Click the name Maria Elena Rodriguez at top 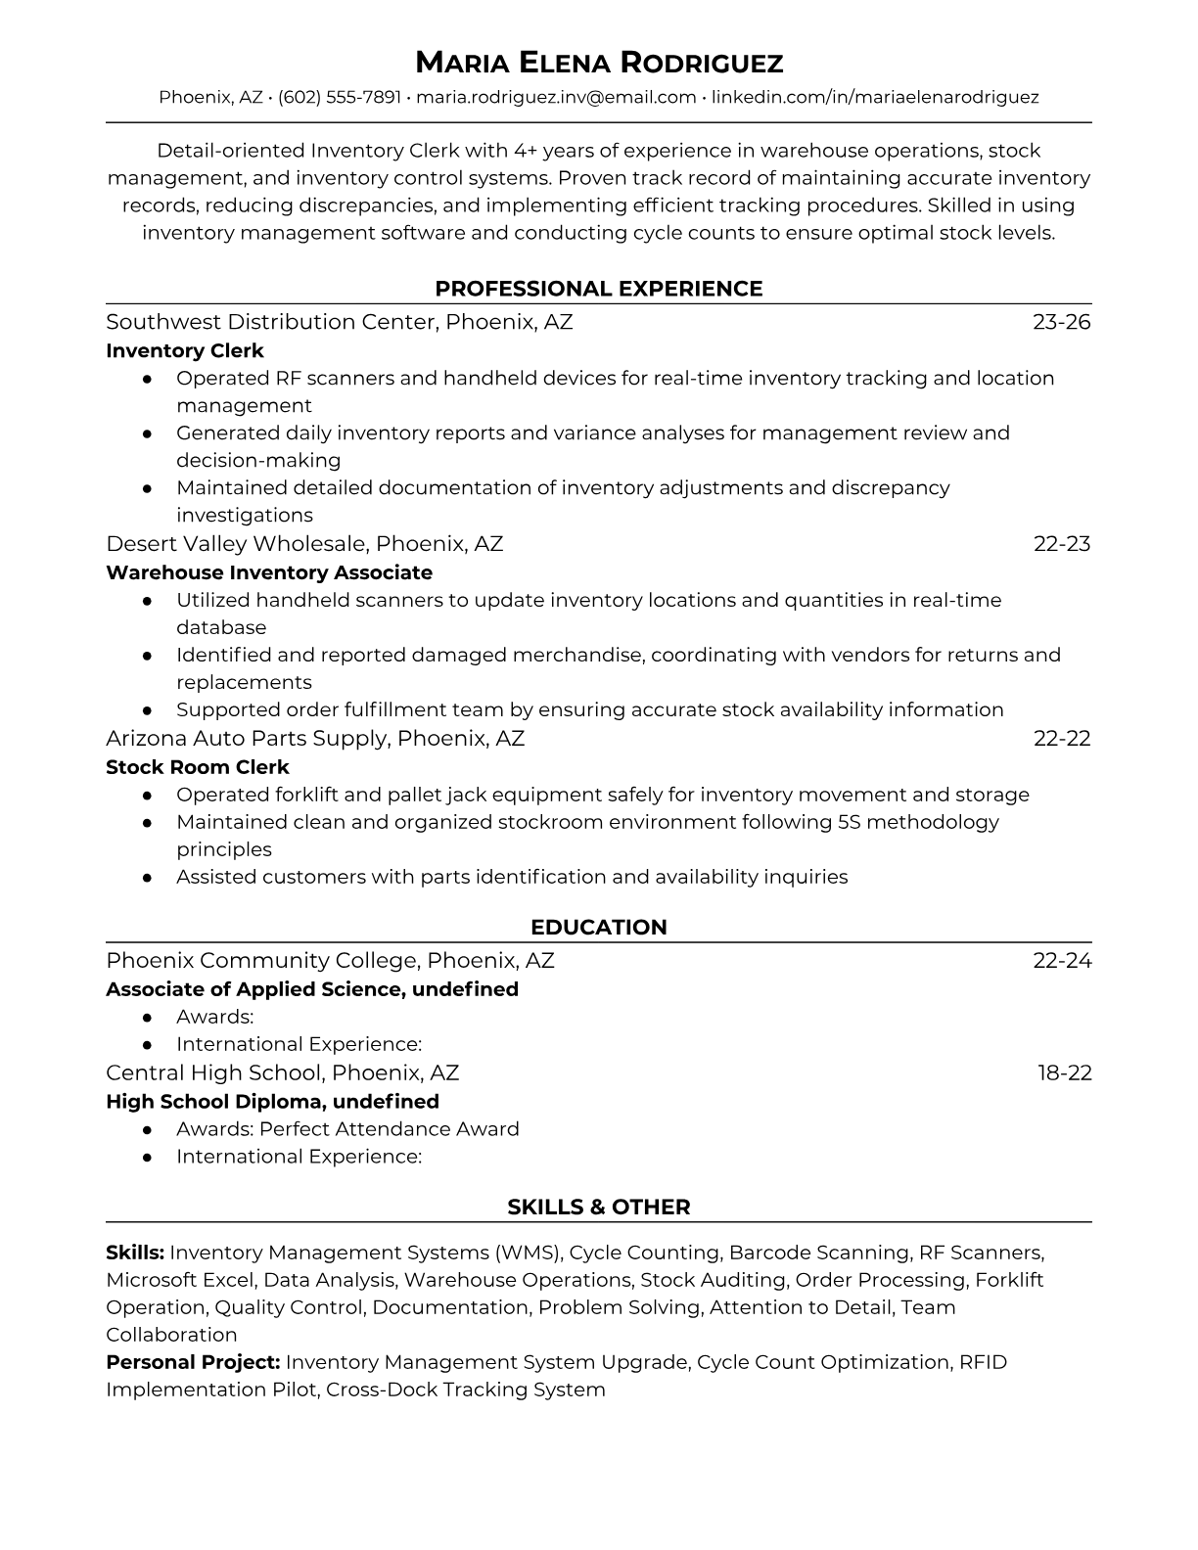[x=599, y=63]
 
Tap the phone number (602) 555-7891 [x=340, y=97]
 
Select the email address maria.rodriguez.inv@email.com [x=556, y=97]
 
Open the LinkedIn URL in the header [x=874, y=97]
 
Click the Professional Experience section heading [x=599, y=289]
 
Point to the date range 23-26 [x=1061, y=322]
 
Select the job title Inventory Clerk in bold [x=185, y=350]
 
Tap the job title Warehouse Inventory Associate [x=269, y=572]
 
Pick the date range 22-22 [x=1062, y=738]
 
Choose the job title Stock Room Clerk [x=198, y=767]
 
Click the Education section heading [x=599, y=928]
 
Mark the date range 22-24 [x=1062, y=961]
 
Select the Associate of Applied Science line [x=312, y=989]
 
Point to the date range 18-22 [x=1064, y=1072]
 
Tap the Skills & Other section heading [x=599, y=1208]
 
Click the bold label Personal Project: [x=193, y=1362]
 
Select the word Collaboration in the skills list [x=171, y=1335]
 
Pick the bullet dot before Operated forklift [x=147, y=795]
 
